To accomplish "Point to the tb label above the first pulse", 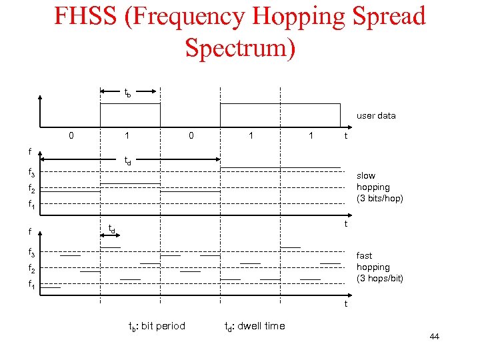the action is pyautogui.click(x=127, y=93).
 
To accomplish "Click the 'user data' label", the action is pyautogui.click(x=376, y=115).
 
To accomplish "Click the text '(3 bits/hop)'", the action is pyautogui.click(x=380, y=198).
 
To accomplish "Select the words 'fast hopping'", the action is pyautogui.click(x=373, y=261).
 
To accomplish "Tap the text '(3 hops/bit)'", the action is pyautogui.click(x=380, y=278).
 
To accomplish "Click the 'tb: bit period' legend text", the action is pyautogui.click(x=157, y=326).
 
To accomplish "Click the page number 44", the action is pyautogui.click(x=434, y=337).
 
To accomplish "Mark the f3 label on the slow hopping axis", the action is pyautogui.click(x=31, y=173).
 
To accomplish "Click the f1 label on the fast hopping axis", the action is pyautogui.click(x=31, y=284).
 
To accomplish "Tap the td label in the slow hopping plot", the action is pyautogui.click(x=127, y=161).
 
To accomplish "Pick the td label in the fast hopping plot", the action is pyautogui.click(x=112, y=229).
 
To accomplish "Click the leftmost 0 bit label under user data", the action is pyautogui.click(x=71, y=135).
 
